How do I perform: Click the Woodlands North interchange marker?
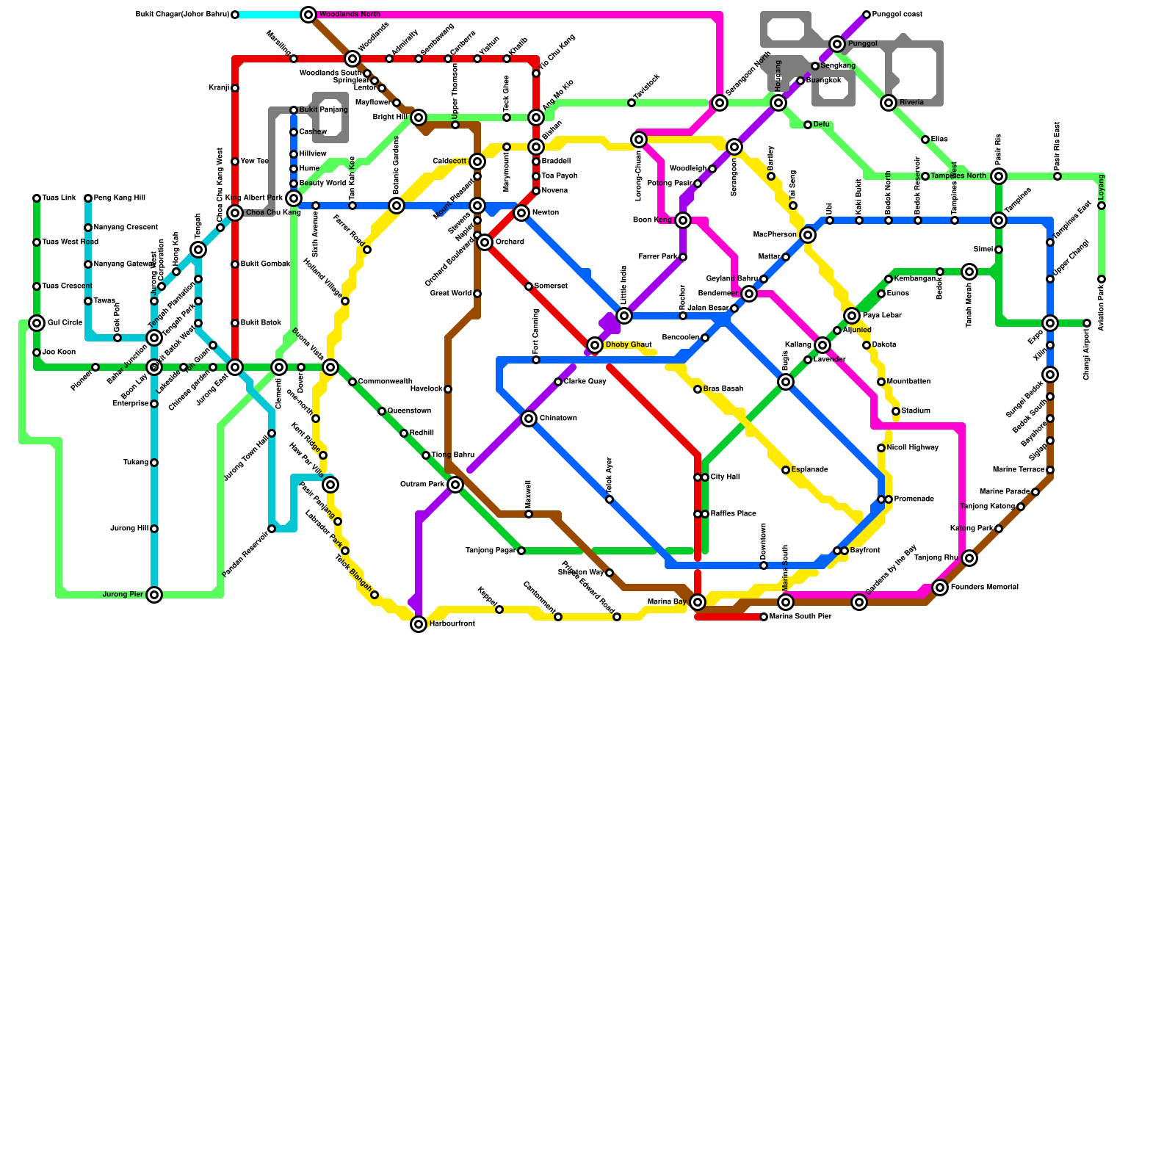pyautogui.click(x=308, y=15)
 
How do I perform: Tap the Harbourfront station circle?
pyautogui.click(x=419, y=624)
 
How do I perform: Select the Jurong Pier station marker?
pyautogui.click(x=154, y=595)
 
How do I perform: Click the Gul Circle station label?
pyautogui.click(x=65, y=323)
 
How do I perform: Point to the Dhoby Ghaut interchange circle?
pyautogui.click(x=595, y=345)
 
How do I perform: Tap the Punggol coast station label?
pyautogui.click(x=897, y=15)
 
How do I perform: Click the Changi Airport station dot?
pyautogui.click(x=1087, y=323)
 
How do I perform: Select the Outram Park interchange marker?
pyautogui.click(x=455, y=485)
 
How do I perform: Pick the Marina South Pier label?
pyautogui.click(x=800, y=617)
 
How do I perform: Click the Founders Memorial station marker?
pyautogui.click(x=940, y=587)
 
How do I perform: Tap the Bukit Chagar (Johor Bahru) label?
pyautogui.click(x=183, y=15)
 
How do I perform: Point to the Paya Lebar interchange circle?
pyautogui.click(x=852, y=316)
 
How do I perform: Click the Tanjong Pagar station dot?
pyautogui.click(x=521, y=551)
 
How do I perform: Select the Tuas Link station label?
pyautogui.click(x=59, y=198)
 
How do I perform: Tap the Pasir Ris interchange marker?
pyautogui.click(x=999, y=176)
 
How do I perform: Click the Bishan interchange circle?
pyautogui.click(x=536, y=147)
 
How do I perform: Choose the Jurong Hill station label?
pyautogui.click(x=129, y=529)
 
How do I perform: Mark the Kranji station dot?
pyautogui.click(x=235, y=88)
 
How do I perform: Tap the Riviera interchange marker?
pyautogui.click(x=889, y=103)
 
